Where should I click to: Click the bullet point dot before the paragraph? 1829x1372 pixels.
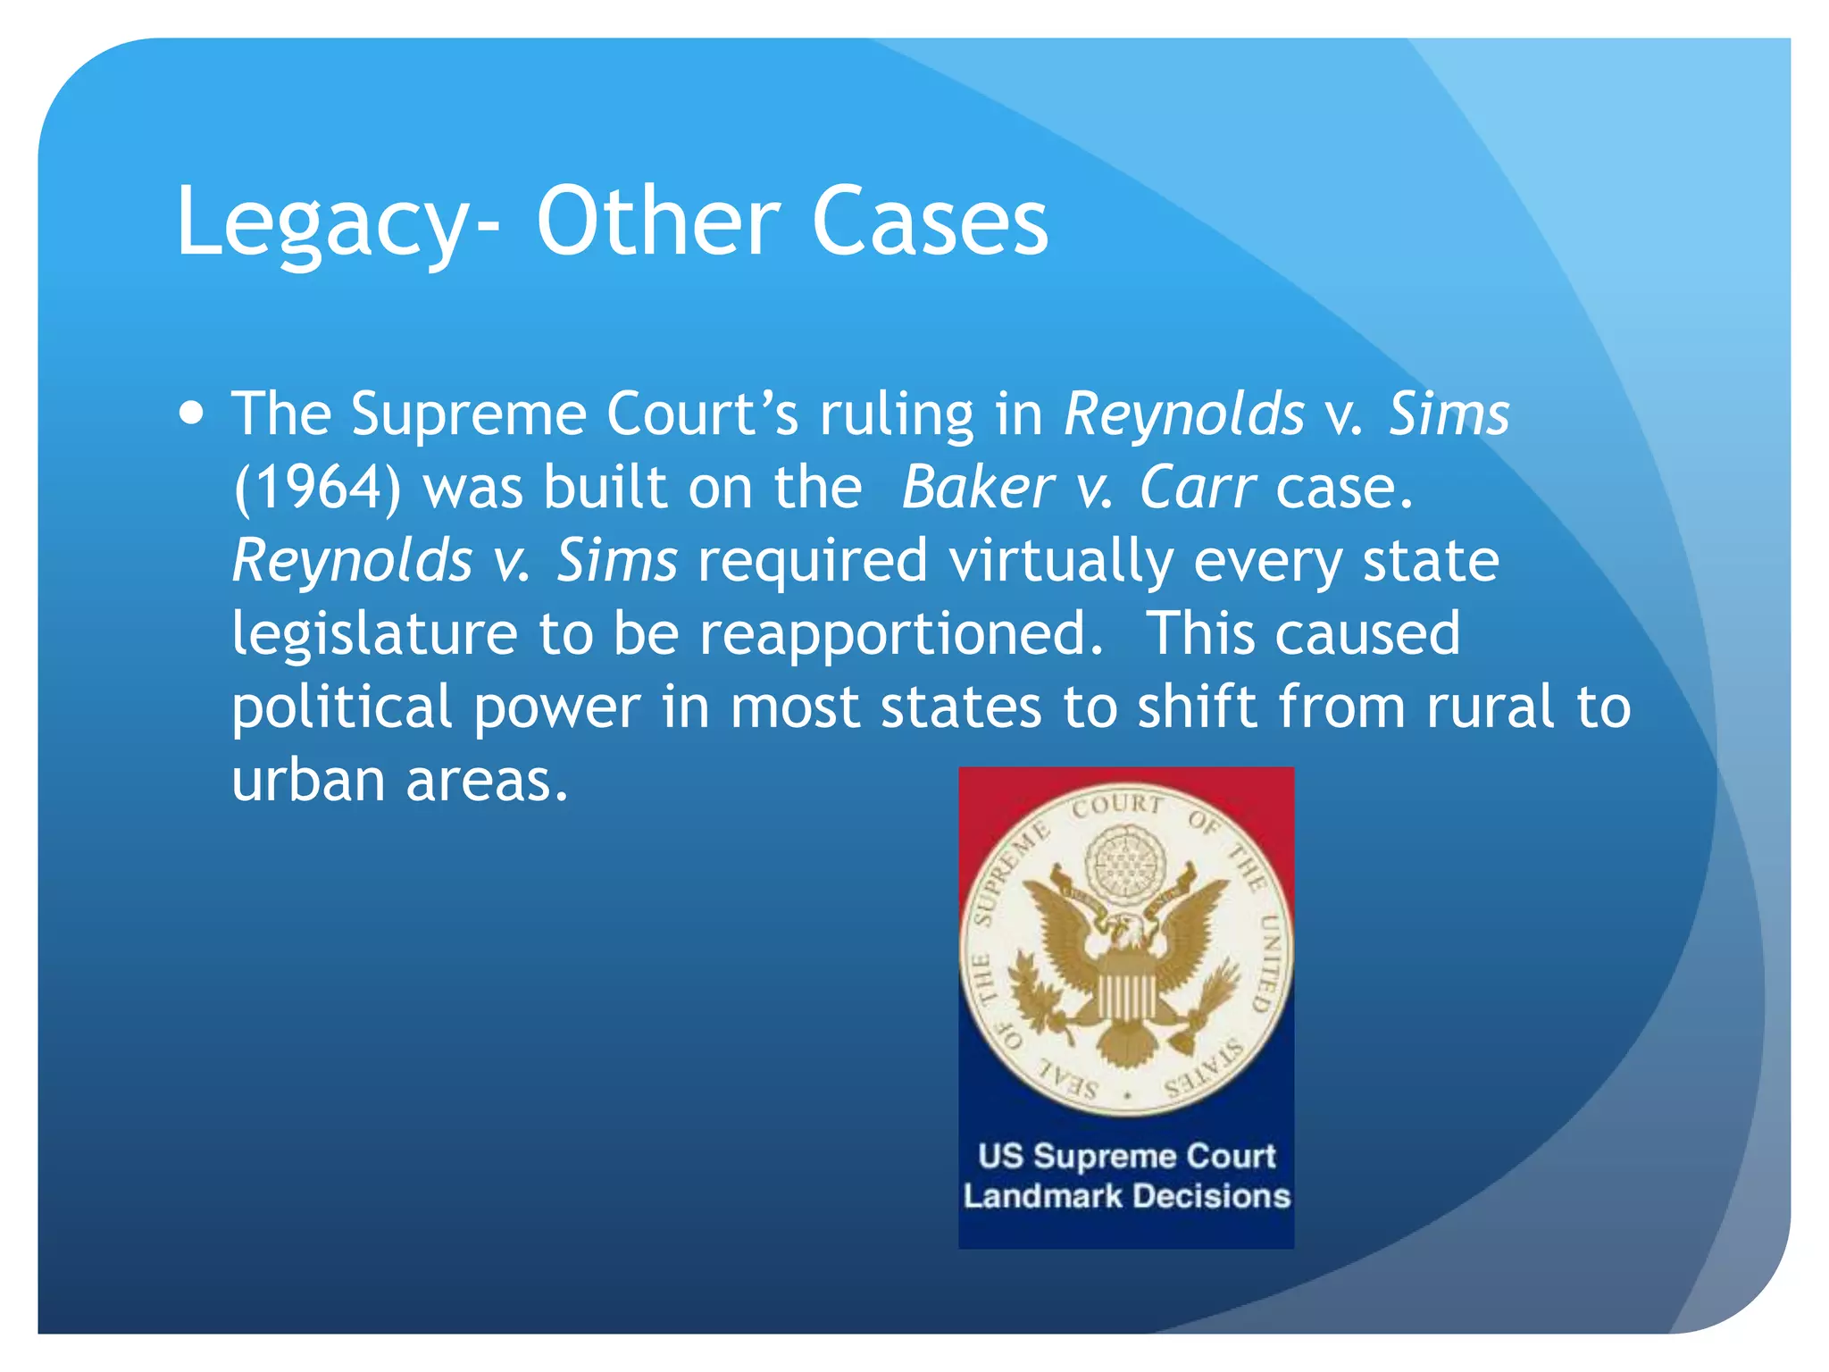click(191, 414)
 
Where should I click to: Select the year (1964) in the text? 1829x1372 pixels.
click(317, 489)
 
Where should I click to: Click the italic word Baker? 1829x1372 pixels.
click(977, 489)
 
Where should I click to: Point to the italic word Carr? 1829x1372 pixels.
click(1198, 489)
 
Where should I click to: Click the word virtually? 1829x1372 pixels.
click(1060, 561)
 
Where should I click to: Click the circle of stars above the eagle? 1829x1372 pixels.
click(1125, 860)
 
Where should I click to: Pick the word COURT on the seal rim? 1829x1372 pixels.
click(1117, 806)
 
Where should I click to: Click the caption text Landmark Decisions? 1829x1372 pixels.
click(1126, 1196)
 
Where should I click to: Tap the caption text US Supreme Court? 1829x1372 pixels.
click(1126, 1156)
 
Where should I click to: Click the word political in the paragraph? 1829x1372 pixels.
click(342, 708)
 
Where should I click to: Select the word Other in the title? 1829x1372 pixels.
click(658, 222)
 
